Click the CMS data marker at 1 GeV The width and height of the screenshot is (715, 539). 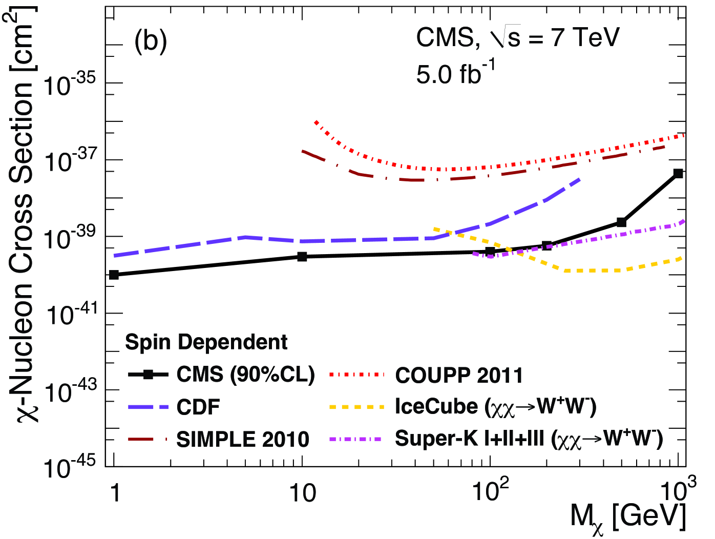(x=114, y=275)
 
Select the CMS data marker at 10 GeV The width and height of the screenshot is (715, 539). (x=302, y=256)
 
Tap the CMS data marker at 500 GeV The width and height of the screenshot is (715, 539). (x=621, y=222)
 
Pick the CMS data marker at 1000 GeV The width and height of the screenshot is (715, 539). (x=678, y=174)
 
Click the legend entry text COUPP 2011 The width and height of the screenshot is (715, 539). (x=459, y=376)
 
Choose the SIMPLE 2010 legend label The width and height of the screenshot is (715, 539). (x=243, y=440)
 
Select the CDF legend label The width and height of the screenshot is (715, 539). (x=198, y=407)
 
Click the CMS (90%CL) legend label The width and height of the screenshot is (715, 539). (x=245, y=375)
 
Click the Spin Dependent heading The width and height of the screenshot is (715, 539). (x=206, y=342)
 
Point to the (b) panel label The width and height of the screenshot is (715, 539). (x=151, y=41)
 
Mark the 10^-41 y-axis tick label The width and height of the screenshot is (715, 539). (x=70, y=314)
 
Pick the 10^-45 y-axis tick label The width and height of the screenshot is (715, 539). (x=70, y=467)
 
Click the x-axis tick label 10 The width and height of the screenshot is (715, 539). (x=302, y=493)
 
